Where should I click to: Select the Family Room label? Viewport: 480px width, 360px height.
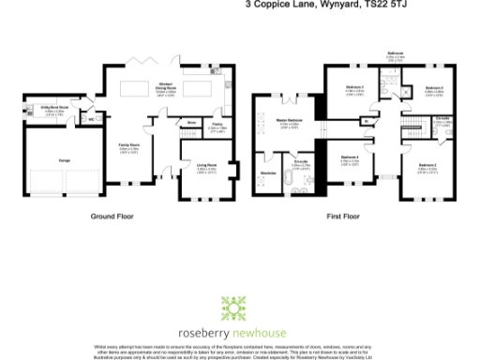coord(128,146)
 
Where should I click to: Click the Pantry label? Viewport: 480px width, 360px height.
coord(216,123)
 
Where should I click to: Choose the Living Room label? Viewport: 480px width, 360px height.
coord(205,167)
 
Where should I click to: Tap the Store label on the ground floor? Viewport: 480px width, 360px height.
coord(190,122)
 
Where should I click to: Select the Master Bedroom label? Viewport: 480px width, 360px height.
coord(287,121)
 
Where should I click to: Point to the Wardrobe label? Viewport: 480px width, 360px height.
coord(266,172)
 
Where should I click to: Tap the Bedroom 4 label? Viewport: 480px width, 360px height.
coord(349,157)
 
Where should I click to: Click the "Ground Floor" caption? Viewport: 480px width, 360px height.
coord(112,216)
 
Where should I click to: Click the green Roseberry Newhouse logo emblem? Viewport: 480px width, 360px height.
coord(233,308)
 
